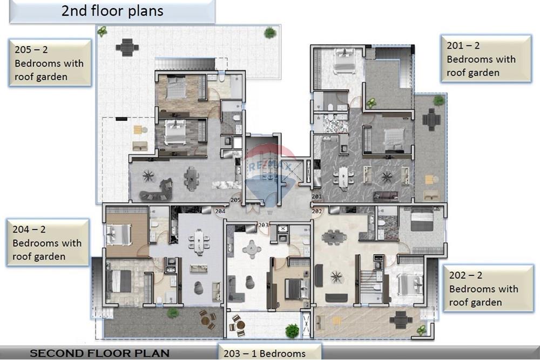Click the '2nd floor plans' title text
[x=112, y=11]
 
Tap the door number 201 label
[x=316, y=197]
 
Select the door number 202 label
[x=316, y=211]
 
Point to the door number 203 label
[x=264, y=225]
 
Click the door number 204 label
[x=220, y=212]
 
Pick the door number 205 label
[x=235, y=200]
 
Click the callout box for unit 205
[x=50, y=63]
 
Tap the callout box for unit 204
[x=47, y=243]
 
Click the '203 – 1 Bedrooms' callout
[x=269, y=353]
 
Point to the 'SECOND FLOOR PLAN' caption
[x=99, y=354]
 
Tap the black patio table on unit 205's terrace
[x=127, y=47]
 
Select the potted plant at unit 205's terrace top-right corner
[x=270, y=33]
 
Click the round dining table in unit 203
[x=251, y=249]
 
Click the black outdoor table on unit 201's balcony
[x=431, y=119]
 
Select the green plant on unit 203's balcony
[x=292, y=330]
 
